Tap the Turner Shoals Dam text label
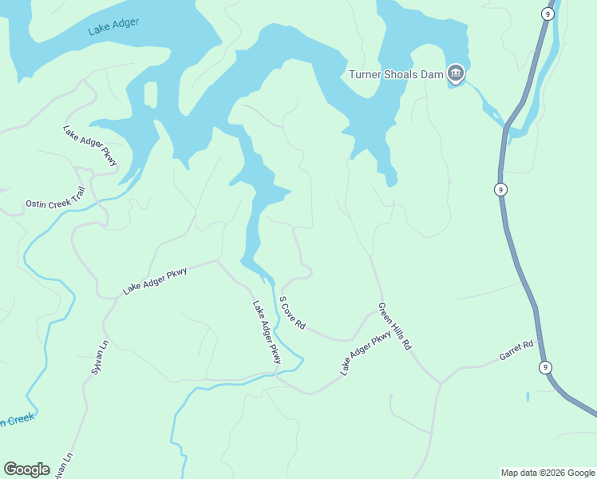(x=396, y=75)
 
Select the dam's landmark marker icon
(x=456, y=74)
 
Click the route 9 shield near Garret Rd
(x=546, y=367)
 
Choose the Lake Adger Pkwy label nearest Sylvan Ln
(x=155, y=281)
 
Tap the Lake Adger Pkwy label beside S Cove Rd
(x=267, y=332)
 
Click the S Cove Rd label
(x=292, y=313)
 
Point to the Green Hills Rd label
(x=394, y=327)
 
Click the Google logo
(x=27, y=469)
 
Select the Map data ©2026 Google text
(x=548, y=473)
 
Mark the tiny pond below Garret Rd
(x=528, y=396)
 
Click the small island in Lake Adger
(x=150, y=93)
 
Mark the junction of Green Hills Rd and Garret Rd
(x=440, y=382)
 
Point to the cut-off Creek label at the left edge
(x=16, y=421)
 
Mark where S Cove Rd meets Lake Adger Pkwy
(x=351, y=339)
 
